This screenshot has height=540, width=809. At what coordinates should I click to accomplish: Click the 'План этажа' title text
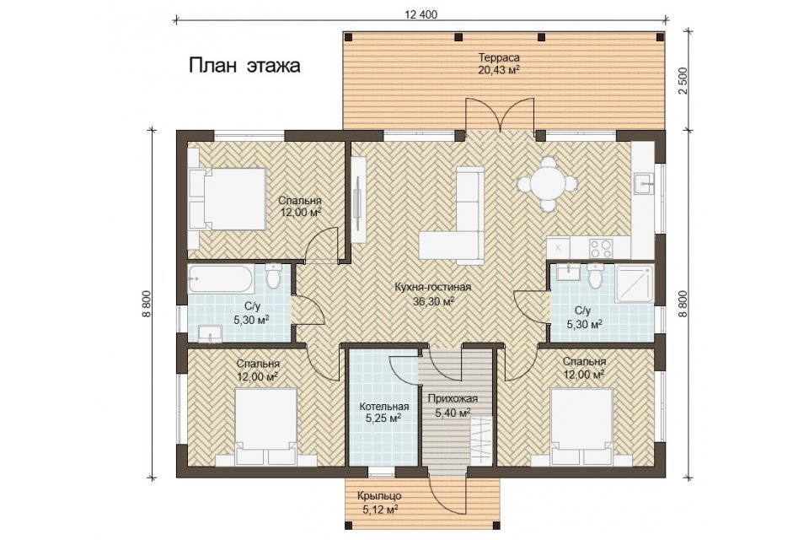(x=244, y=66)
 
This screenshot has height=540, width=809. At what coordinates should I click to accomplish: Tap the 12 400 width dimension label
(x=421, y=14)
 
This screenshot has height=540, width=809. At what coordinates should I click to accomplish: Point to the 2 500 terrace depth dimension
(x=683, y=81)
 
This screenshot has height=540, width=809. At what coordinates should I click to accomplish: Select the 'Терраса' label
(x=498, y=57)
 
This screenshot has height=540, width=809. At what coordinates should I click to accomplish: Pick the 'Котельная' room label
(x=384, y=407)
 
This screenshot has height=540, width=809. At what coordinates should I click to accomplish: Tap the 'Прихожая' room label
(x=453, y=398)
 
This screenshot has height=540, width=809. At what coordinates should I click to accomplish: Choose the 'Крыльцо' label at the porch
(x=379, y=496)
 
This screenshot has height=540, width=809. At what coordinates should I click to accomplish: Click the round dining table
(x=547, y=183)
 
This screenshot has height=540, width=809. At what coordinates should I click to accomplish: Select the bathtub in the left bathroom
(x=220, y=278)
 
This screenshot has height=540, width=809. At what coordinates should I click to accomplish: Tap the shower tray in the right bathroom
(x=635, y=283)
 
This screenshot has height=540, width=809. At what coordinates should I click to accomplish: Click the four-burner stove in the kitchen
(x=601, y=248)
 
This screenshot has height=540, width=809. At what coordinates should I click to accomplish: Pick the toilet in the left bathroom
(x=273, y=276)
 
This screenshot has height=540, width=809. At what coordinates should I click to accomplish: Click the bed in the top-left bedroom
(x=227, y=199)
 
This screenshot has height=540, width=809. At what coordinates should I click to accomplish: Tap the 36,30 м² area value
(x=433, y=301)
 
